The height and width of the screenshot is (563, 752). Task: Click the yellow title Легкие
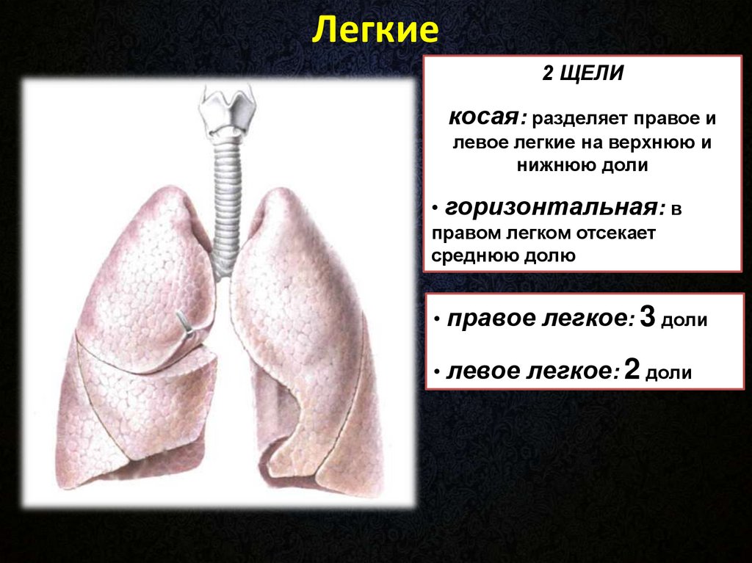click(x=375, y=30)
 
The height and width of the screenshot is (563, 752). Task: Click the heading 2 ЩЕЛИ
click(x=582, y=73)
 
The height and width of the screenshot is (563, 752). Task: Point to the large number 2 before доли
click(x=632, y=369)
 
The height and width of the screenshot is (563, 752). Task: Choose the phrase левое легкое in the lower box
click(x=530, y=371)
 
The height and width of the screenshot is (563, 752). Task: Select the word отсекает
click(x=615, y=233)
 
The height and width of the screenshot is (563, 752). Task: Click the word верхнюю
click(x=648, y=142)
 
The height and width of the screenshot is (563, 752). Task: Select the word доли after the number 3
click(x=684, y=320)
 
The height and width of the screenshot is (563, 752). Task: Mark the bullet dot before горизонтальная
click(x=435, y=208)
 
